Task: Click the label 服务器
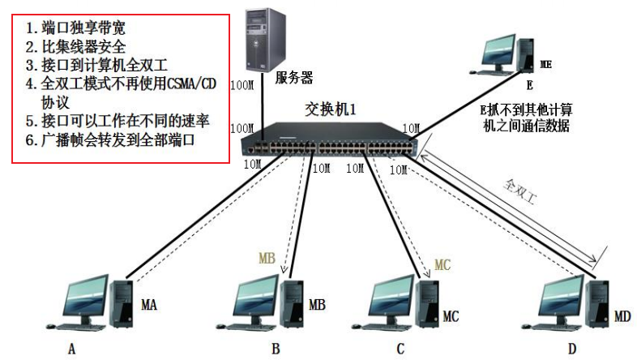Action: point(293,79)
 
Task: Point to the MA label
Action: point(149,306)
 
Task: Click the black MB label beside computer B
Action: point(317,306)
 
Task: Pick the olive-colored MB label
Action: point(267,259)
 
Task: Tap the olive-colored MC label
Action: point(442,264)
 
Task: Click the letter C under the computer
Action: point(400,349)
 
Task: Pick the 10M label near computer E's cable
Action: point(412,127)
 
